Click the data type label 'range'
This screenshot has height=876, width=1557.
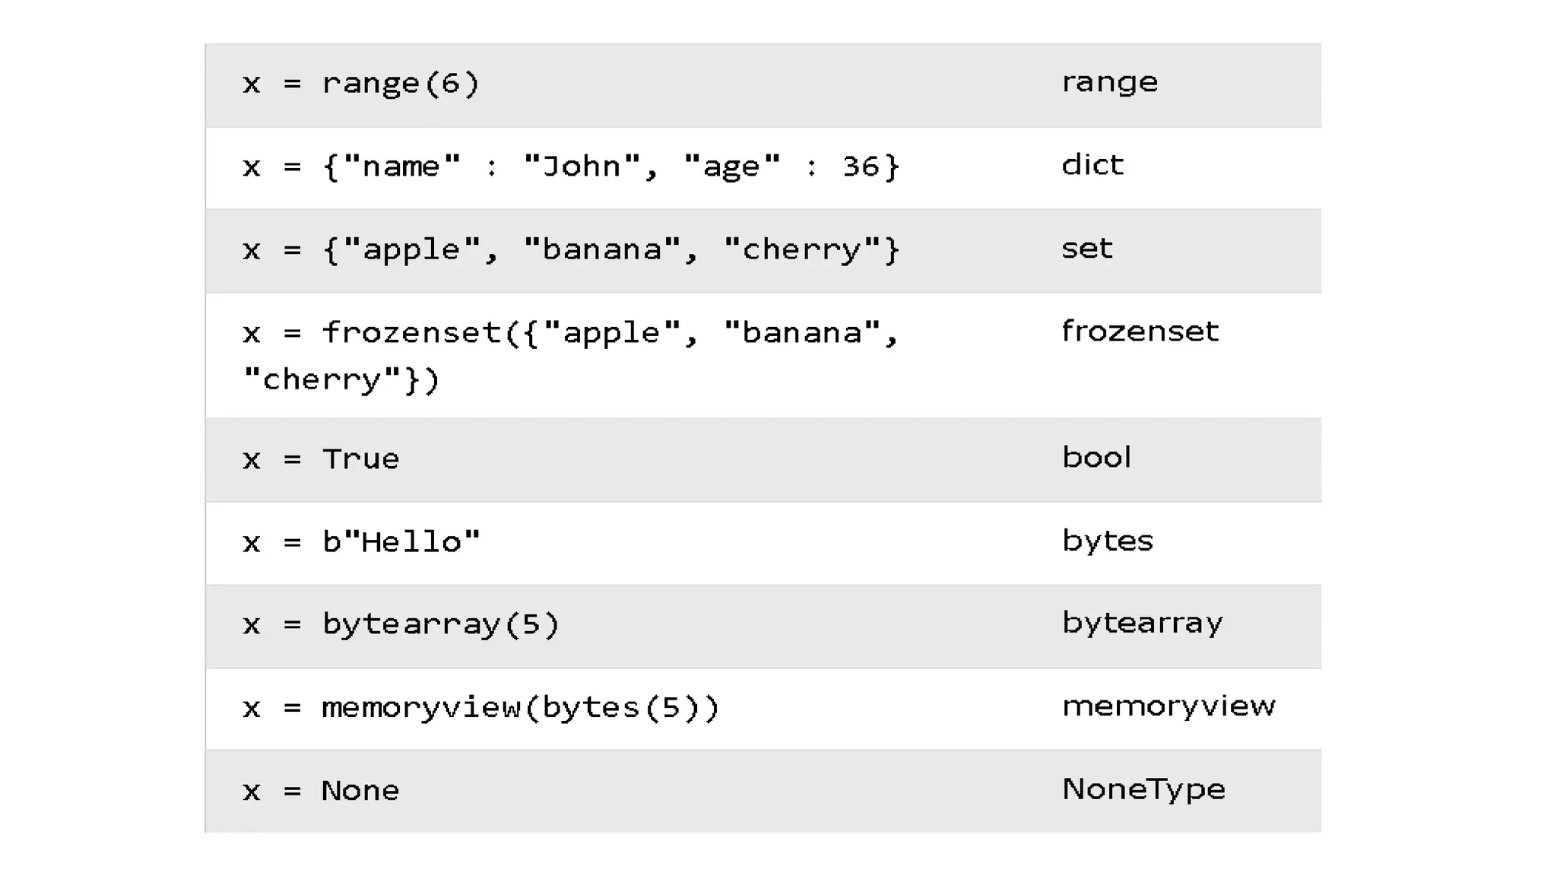click(1109, 82)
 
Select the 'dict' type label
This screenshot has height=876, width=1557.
click(1092, 165)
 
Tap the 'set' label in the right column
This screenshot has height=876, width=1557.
click(1086, 249)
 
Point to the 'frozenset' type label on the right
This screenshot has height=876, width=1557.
click(1139, 332)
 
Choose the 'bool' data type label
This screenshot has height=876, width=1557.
click(1096, 458)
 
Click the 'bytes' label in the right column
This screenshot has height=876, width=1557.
click(1107, 541)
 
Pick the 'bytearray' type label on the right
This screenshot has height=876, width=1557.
click(1142, 624)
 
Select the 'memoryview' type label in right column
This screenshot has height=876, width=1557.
click(1168, 706)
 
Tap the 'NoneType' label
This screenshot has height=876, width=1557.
click(1143, 789)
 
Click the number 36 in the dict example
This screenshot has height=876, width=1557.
click(861, 167)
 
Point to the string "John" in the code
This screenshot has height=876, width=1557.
click(582, 167)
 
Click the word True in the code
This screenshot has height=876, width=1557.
click(360, 459)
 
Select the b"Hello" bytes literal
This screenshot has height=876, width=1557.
click(401, 542)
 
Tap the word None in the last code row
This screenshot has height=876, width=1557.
click(360, 791)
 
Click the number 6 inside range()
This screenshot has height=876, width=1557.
click(451, 83)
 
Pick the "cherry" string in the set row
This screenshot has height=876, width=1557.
click(801, 250)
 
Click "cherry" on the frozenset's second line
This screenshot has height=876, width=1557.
click(322, 379)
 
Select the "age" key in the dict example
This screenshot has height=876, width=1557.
click(731, 167)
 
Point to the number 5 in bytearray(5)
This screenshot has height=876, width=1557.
click(531, 624)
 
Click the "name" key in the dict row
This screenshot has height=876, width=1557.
click(401, 167)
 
